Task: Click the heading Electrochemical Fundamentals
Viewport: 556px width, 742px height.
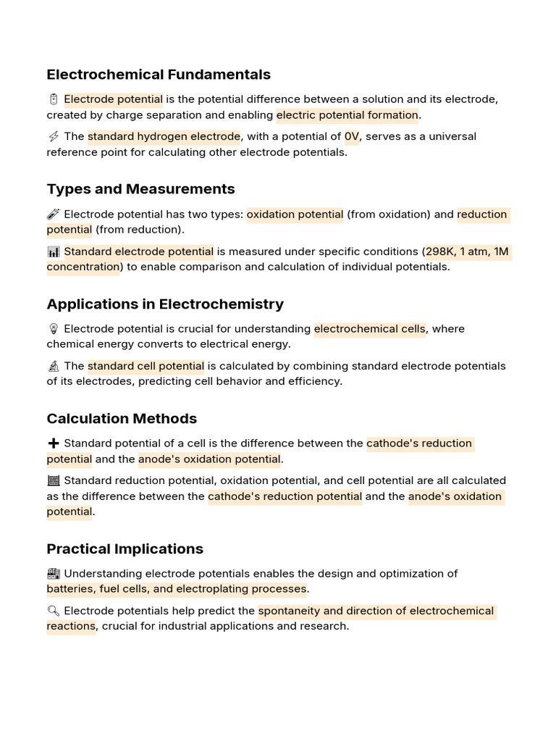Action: click(159, 75)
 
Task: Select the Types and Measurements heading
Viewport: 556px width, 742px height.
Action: click(140, 189)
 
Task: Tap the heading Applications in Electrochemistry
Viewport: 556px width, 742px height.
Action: click(165, 304)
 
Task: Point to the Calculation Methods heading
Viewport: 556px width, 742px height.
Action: click(122, 419)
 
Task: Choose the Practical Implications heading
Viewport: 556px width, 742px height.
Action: click(125, 549)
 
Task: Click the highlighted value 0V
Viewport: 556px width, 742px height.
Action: click(352, 137)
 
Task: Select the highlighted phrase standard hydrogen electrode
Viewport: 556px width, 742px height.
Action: click(164, 137)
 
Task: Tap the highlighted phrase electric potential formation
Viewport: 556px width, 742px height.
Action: click(347, 115)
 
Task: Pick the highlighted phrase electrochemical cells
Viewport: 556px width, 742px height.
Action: click(369, 329)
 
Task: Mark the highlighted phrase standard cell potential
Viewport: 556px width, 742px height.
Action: click(146, 366)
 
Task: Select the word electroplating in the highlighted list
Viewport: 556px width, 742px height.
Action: click(235, 589)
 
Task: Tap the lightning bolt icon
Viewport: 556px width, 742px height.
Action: click(53, 137)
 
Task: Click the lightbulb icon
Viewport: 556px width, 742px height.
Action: click(53, 329)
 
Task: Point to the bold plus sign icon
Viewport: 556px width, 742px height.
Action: click(53, 443)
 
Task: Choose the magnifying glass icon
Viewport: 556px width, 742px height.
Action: click(53, 611)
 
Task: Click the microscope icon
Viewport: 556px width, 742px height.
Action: click(53, 366)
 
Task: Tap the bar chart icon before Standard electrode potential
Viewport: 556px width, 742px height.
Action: click(53, 251)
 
